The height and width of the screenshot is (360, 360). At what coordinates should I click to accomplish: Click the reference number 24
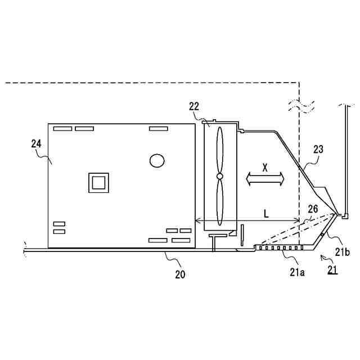(36, 144)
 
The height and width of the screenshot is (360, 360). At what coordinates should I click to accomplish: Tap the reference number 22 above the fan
(194, 106)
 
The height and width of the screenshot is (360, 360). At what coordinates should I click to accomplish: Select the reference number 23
(318, 149)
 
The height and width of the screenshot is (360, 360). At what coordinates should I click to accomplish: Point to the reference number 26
(313, 208)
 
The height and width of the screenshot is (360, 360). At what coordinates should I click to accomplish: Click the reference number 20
(179, 274)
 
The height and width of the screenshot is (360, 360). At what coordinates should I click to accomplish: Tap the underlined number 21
(332, 271)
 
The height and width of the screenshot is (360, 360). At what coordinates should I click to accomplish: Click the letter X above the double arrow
(265, 167)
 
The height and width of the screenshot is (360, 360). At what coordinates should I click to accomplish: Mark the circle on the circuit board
(157, 160)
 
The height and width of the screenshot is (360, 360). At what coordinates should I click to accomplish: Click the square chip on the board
(98, 183)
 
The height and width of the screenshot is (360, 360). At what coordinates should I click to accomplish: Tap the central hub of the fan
(219, 177)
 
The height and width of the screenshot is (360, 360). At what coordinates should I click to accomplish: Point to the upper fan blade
(219, 149)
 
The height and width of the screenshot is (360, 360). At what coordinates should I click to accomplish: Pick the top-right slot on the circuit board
(158, 129)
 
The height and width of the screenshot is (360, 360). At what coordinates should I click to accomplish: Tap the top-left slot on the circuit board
(63, 129)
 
